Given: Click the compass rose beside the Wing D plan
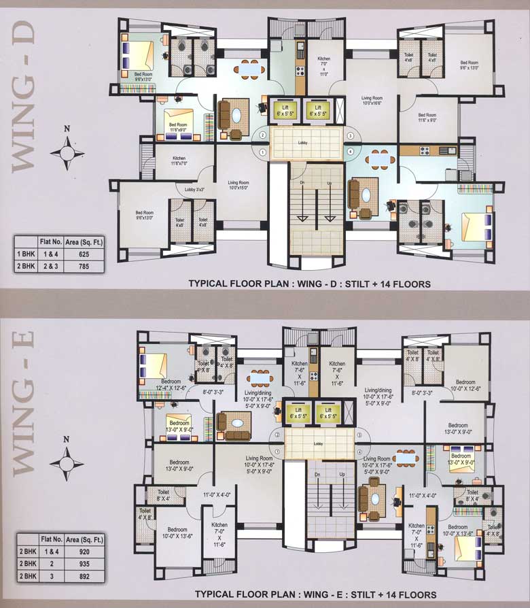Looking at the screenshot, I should click(x=67, y=152).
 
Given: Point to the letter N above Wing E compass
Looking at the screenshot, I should click(x=67, y=439).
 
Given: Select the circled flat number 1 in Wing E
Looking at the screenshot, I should click(x=277, y=451).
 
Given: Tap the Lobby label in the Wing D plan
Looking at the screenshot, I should click(x=303, y=143).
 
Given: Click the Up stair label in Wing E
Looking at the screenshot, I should click(x=342, y=473).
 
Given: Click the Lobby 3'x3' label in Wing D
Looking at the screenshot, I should click(x=187, y=189).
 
